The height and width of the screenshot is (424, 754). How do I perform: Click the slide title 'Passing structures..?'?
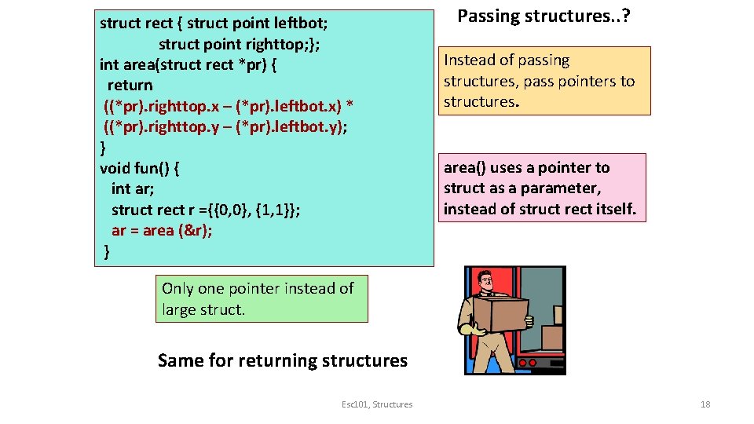540,16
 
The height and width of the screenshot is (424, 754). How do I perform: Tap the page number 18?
705,404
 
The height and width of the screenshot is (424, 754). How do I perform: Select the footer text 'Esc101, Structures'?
377,404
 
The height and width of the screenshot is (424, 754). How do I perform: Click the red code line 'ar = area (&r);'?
162,230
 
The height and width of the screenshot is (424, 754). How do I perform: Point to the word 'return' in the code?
130,85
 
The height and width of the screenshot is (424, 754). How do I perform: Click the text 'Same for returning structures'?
283,360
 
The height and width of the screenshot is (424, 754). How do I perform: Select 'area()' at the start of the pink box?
465,167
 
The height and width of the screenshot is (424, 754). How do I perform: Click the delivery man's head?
486,280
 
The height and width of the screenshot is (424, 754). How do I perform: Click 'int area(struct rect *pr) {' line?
188,64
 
